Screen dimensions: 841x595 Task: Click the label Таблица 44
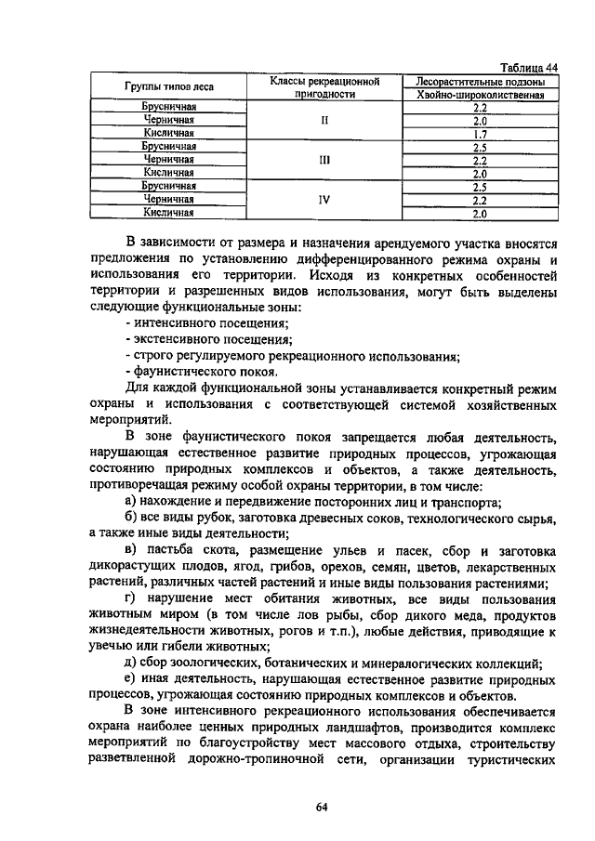529,67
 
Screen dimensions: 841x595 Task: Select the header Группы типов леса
169,87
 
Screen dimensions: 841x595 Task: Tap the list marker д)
130,663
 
